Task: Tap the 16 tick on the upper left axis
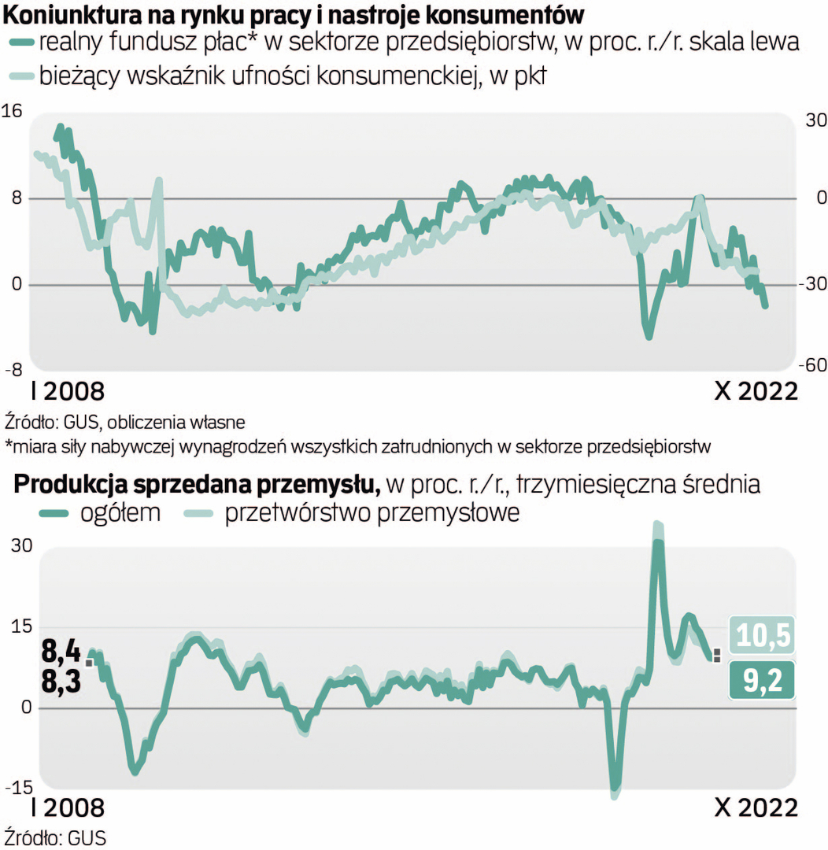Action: click(x=13, y=111)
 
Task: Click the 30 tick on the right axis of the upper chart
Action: click(x=814, y=120)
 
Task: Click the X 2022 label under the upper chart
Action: click(x=755, y=391)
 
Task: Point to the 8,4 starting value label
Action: click(x=61, y=652)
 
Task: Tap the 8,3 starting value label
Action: click(x=61, y=682)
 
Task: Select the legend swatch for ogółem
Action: click(x=55, y=513)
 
